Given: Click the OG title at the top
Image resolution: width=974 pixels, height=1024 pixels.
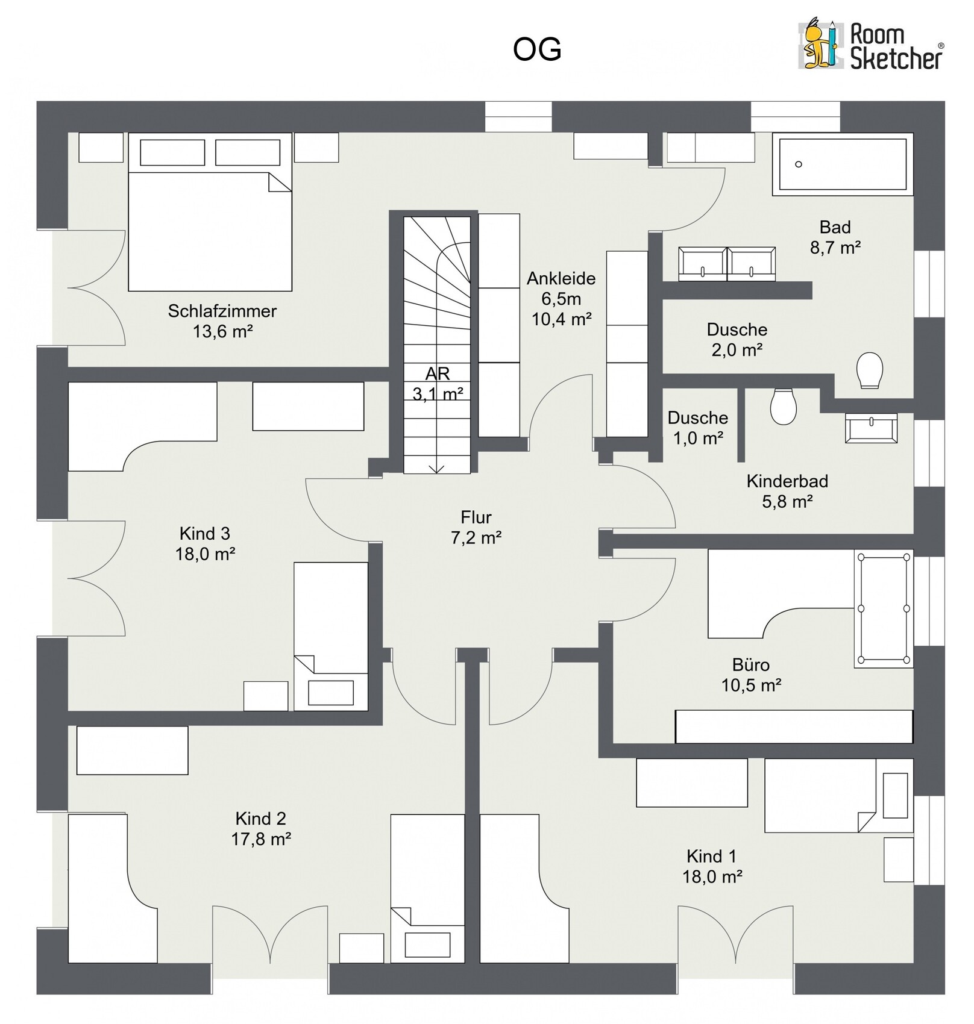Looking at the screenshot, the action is click(x=537, y=49).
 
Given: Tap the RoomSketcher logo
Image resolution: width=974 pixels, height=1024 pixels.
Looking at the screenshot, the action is click(x=871, y=45).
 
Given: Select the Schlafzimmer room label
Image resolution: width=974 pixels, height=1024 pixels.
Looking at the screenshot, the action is click(x=222, y=311).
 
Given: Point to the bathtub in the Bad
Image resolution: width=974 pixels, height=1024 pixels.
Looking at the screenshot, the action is click(x=843, y=164).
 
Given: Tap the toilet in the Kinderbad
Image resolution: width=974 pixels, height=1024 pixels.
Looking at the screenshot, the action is click(x=784, y=406).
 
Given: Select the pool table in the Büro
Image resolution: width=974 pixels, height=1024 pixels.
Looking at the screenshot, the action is click(x=884, y=608).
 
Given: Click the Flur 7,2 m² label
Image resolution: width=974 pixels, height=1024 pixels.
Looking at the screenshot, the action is click(x=476, y=527).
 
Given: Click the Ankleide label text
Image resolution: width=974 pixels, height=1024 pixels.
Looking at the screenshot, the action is click(x=561, y=278).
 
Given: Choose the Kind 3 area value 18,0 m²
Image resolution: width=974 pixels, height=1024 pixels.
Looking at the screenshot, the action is click(x=205, y=554).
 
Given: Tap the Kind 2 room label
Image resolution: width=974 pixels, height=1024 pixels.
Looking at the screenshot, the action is click(x=260, y=819).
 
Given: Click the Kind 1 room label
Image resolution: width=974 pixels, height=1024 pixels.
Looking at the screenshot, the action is click(x=711, y=856).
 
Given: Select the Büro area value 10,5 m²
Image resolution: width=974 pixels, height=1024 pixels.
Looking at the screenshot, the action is click(x=751, y=685).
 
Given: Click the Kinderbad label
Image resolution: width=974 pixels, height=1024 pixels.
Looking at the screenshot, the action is click(x=787, y=481).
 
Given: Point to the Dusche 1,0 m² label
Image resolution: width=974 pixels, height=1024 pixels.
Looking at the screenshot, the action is click(x=698, y=428).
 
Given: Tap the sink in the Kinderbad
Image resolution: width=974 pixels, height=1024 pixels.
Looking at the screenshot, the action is click(x=871, y=428).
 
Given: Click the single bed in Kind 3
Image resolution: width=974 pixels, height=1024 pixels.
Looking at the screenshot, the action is click(x=331, y=637).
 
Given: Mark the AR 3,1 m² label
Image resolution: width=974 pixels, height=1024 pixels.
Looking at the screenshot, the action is click(x=438, y=384).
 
